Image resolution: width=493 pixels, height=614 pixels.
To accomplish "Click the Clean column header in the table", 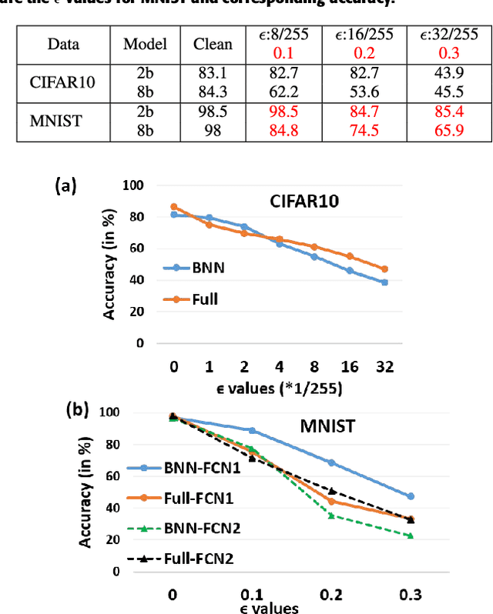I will (212, 44).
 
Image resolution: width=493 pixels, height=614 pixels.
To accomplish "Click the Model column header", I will (145, 44).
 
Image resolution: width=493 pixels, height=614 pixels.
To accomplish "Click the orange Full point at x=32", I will (384, 269).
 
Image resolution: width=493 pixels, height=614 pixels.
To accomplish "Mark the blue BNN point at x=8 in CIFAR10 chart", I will (314, 256).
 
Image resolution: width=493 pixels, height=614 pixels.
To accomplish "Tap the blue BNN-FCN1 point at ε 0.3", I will (411, 496).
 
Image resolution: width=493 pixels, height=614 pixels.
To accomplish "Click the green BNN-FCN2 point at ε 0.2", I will (331, 515).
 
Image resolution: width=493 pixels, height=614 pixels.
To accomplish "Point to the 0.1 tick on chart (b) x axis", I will (252, 596).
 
